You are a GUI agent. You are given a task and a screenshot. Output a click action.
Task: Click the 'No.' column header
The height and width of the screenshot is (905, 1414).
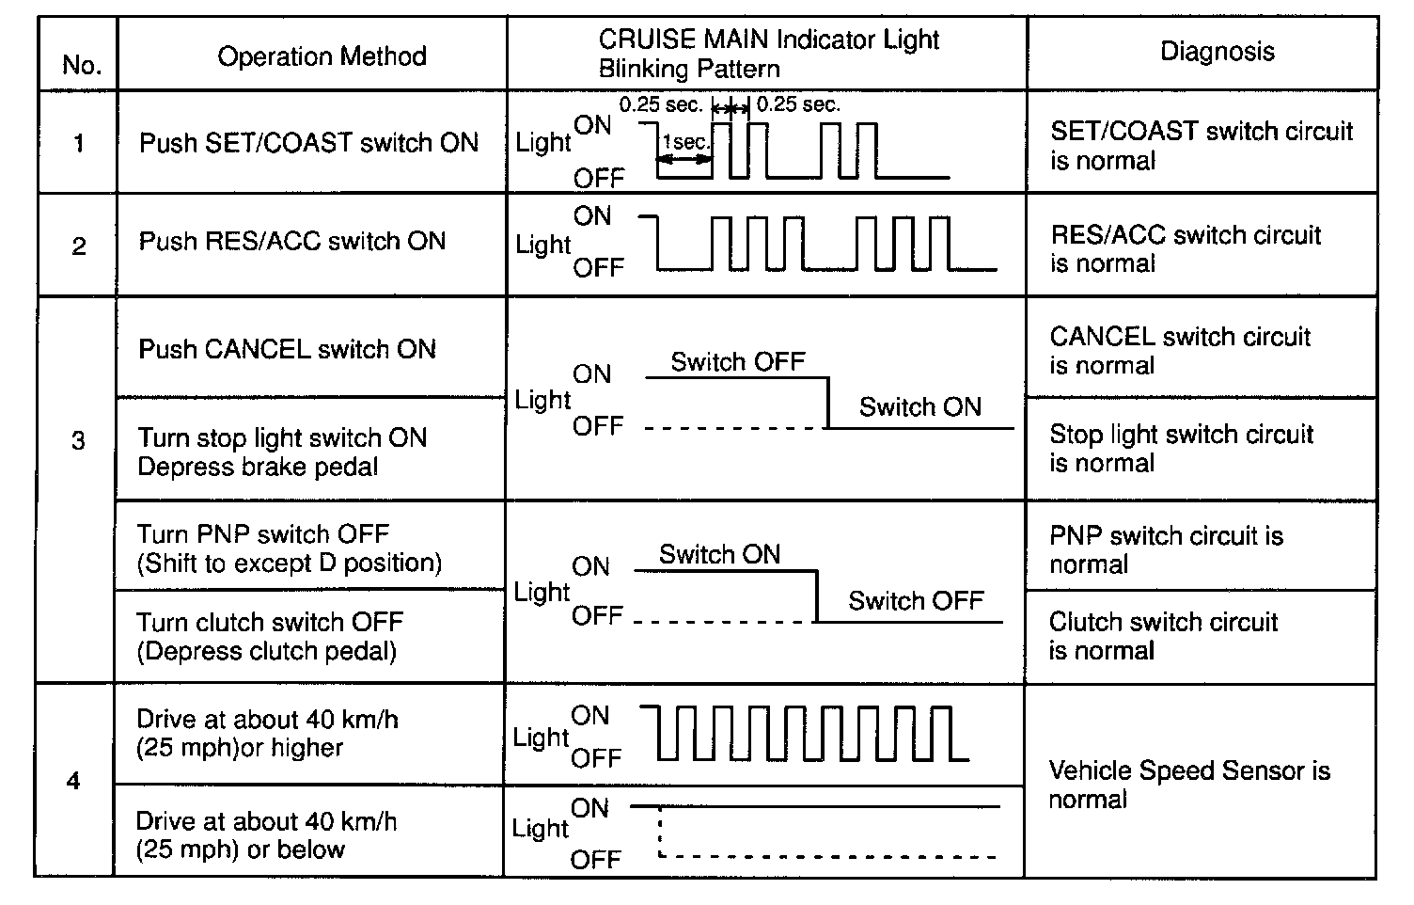pos(81,65)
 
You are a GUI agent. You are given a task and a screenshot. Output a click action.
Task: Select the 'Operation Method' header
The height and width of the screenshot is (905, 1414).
pos(322,56)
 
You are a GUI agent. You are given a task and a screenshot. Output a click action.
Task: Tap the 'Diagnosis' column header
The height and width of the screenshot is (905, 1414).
pos(1218,51)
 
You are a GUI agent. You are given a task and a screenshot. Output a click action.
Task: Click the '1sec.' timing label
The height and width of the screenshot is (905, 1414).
pos(685,142)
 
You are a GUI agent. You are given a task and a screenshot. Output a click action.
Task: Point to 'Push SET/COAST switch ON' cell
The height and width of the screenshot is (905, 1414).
pos(308,143)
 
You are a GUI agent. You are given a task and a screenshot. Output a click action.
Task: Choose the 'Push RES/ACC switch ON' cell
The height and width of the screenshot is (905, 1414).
pos(292,241)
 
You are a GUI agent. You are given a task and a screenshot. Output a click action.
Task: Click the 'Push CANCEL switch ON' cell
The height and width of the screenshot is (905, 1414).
pos(287,350)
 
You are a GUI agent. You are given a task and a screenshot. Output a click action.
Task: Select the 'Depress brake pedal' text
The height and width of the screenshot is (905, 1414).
pos(258,468)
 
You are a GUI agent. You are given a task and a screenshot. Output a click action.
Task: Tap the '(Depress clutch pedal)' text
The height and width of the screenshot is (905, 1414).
pos(266,651)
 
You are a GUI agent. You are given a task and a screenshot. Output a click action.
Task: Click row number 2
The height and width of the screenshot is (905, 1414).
pos(79,246)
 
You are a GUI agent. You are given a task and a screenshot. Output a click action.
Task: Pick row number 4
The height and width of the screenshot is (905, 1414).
pos(74,782)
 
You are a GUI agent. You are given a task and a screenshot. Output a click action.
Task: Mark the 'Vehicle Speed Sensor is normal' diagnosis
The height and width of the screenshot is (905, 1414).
pos(1188,786)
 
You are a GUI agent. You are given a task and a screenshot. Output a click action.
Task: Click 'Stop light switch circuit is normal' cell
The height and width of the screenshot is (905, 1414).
pos(1181,449)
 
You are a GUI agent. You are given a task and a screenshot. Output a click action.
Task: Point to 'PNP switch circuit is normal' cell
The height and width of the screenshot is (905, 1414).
pos(1166,550)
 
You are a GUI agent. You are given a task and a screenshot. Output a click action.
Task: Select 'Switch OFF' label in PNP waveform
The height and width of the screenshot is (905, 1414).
pos(916,601)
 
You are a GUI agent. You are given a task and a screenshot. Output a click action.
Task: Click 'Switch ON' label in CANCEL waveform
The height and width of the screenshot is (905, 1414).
pos(919,407)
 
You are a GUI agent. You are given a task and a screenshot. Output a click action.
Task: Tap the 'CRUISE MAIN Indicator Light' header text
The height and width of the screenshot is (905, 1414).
pos(769,40)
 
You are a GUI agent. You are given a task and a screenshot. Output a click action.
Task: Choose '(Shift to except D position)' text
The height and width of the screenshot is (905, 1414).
pos(290,564)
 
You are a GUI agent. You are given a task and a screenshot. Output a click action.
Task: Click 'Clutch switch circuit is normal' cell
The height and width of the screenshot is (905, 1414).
pos(1163,637)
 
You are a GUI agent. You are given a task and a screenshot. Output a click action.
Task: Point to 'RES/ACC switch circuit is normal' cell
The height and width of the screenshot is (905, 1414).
pos(1186,249)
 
